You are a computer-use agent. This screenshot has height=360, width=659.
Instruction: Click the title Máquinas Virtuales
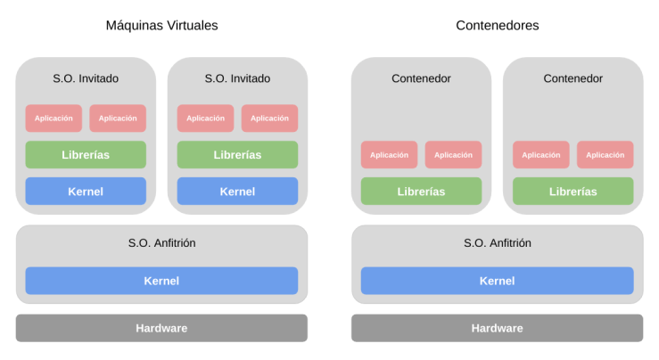pos(161,26)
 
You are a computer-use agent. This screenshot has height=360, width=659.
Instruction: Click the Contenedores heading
pos(497,26)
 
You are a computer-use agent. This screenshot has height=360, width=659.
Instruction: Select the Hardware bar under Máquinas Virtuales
pos(161,328)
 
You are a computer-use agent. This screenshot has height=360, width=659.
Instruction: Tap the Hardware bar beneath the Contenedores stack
pos(497,328)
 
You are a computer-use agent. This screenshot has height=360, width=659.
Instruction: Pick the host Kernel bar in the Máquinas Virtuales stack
pos(161,281)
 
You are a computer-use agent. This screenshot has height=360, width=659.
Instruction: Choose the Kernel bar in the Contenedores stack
pos(497,281)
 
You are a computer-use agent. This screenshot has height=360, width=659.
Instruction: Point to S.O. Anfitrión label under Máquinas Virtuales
pos(161,243)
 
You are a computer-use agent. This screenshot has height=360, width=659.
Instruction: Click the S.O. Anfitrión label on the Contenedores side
pos(497,243)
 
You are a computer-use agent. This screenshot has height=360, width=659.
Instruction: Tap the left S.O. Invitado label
pos(86,78)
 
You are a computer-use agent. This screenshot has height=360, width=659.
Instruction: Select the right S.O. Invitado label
pos(237,78)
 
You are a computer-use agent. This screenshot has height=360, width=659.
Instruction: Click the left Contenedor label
pos(421,78)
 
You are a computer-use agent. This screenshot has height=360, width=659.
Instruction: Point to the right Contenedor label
pos(573,78)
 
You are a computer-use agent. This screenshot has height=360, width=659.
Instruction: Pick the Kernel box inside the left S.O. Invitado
pos(86,192)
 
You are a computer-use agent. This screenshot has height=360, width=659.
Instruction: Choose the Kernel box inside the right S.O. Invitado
pos(237,192)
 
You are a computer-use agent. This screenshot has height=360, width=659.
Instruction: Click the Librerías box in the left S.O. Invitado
pos(86,155)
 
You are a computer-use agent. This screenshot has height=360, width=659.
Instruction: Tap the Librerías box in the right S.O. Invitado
pos(237,155)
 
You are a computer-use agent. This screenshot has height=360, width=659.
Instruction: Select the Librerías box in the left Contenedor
pos(421,192)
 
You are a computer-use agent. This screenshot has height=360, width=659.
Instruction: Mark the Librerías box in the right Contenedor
pos(573,192)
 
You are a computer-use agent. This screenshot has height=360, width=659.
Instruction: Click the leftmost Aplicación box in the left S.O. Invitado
pos(54,119)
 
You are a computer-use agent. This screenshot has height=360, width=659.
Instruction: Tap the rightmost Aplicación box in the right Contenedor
pos(605,155)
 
